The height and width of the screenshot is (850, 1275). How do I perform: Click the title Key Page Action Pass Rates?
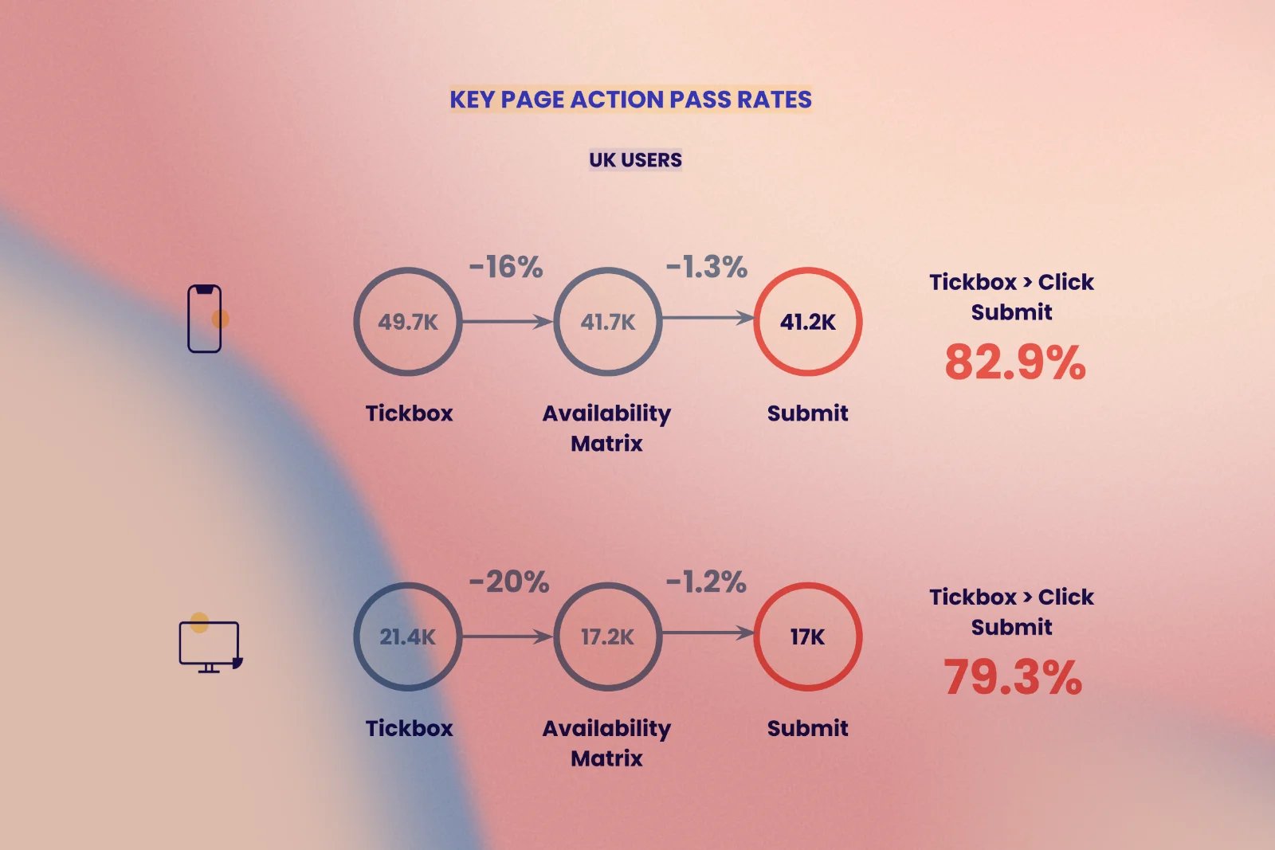pyautogui.click(x=630, y=100)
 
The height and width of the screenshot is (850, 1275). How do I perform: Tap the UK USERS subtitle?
pyautogui.click(x=635, y=160)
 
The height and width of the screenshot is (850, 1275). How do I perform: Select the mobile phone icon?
pyautogui.click(x=204, y=319)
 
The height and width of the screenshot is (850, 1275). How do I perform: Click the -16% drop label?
pyautogui.click(x=506, y=267)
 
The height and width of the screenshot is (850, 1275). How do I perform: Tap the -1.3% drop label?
pyautogui.click(x=706, y=267)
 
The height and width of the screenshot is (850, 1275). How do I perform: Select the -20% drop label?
pyautogui.click(x=509, y=582)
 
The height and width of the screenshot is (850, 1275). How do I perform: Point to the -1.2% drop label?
pyautogui.click(x=706, y=582)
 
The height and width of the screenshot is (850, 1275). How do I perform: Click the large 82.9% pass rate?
pyautogui.click(x=1015, y=362)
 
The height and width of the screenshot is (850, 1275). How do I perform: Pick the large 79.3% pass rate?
pyautogui.click(x=1013, y=677)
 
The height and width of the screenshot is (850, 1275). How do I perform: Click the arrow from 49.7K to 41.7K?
pyautogui.click(x=508, y=322)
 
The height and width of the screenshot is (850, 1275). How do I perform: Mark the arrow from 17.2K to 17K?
pyautogui.click(x=708, y=633)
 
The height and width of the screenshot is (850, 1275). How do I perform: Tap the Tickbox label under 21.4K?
pyautogui.click(x=410, y=728)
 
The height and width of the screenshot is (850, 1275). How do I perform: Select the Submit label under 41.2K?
pyautogui.click(x=808, y=413)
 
